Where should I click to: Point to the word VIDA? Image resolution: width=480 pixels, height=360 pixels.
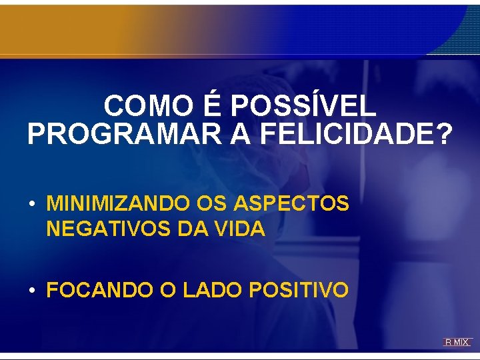[240, 229]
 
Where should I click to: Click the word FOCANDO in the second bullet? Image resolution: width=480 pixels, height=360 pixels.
[90, 290]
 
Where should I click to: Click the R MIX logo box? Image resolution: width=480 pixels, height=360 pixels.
[457, 342]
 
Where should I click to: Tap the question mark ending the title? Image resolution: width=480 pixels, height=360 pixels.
[442, 134]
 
